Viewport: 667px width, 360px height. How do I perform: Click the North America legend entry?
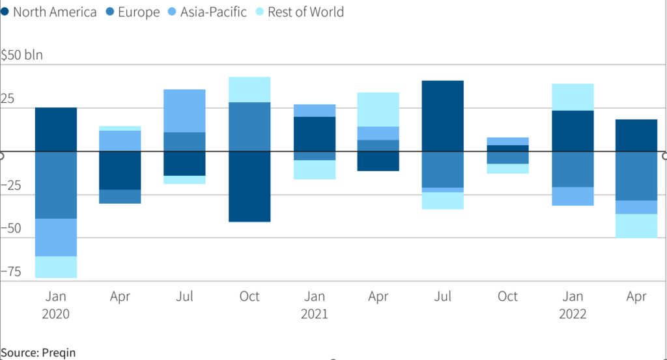[x=52, y=12]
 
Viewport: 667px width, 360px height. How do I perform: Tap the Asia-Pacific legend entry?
[x=212, y=12]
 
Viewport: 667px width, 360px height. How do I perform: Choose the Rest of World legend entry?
[x=305, y=12]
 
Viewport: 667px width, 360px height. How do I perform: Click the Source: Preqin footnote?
[x=38, y=352]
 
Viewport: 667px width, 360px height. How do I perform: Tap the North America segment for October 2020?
[x=249, y=186]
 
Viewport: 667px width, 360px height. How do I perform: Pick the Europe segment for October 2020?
[x=249, y=126]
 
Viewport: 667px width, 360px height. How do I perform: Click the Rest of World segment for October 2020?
[x=249, y=89]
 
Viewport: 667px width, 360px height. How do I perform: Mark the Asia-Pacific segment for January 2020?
[x=55, y=238]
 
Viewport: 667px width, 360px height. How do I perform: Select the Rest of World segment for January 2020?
[x=55, y=267]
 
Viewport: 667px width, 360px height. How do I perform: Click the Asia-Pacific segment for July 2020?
[x=184, y=111]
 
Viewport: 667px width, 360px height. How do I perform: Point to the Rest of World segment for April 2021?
[x=378, y=109]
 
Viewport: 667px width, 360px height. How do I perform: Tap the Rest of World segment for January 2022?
[x=572, y=97]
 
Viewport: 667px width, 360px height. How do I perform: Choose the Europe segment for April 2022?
[x=636, y=176]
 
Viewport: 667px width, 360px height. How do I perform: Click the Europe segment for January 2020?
[x=55, y=185]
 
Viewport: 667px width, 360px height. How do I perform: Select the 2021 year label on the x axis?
[x=314, y=314]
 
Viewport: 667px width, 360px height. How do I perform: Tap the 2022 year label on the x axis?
[x=572, y=314]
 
